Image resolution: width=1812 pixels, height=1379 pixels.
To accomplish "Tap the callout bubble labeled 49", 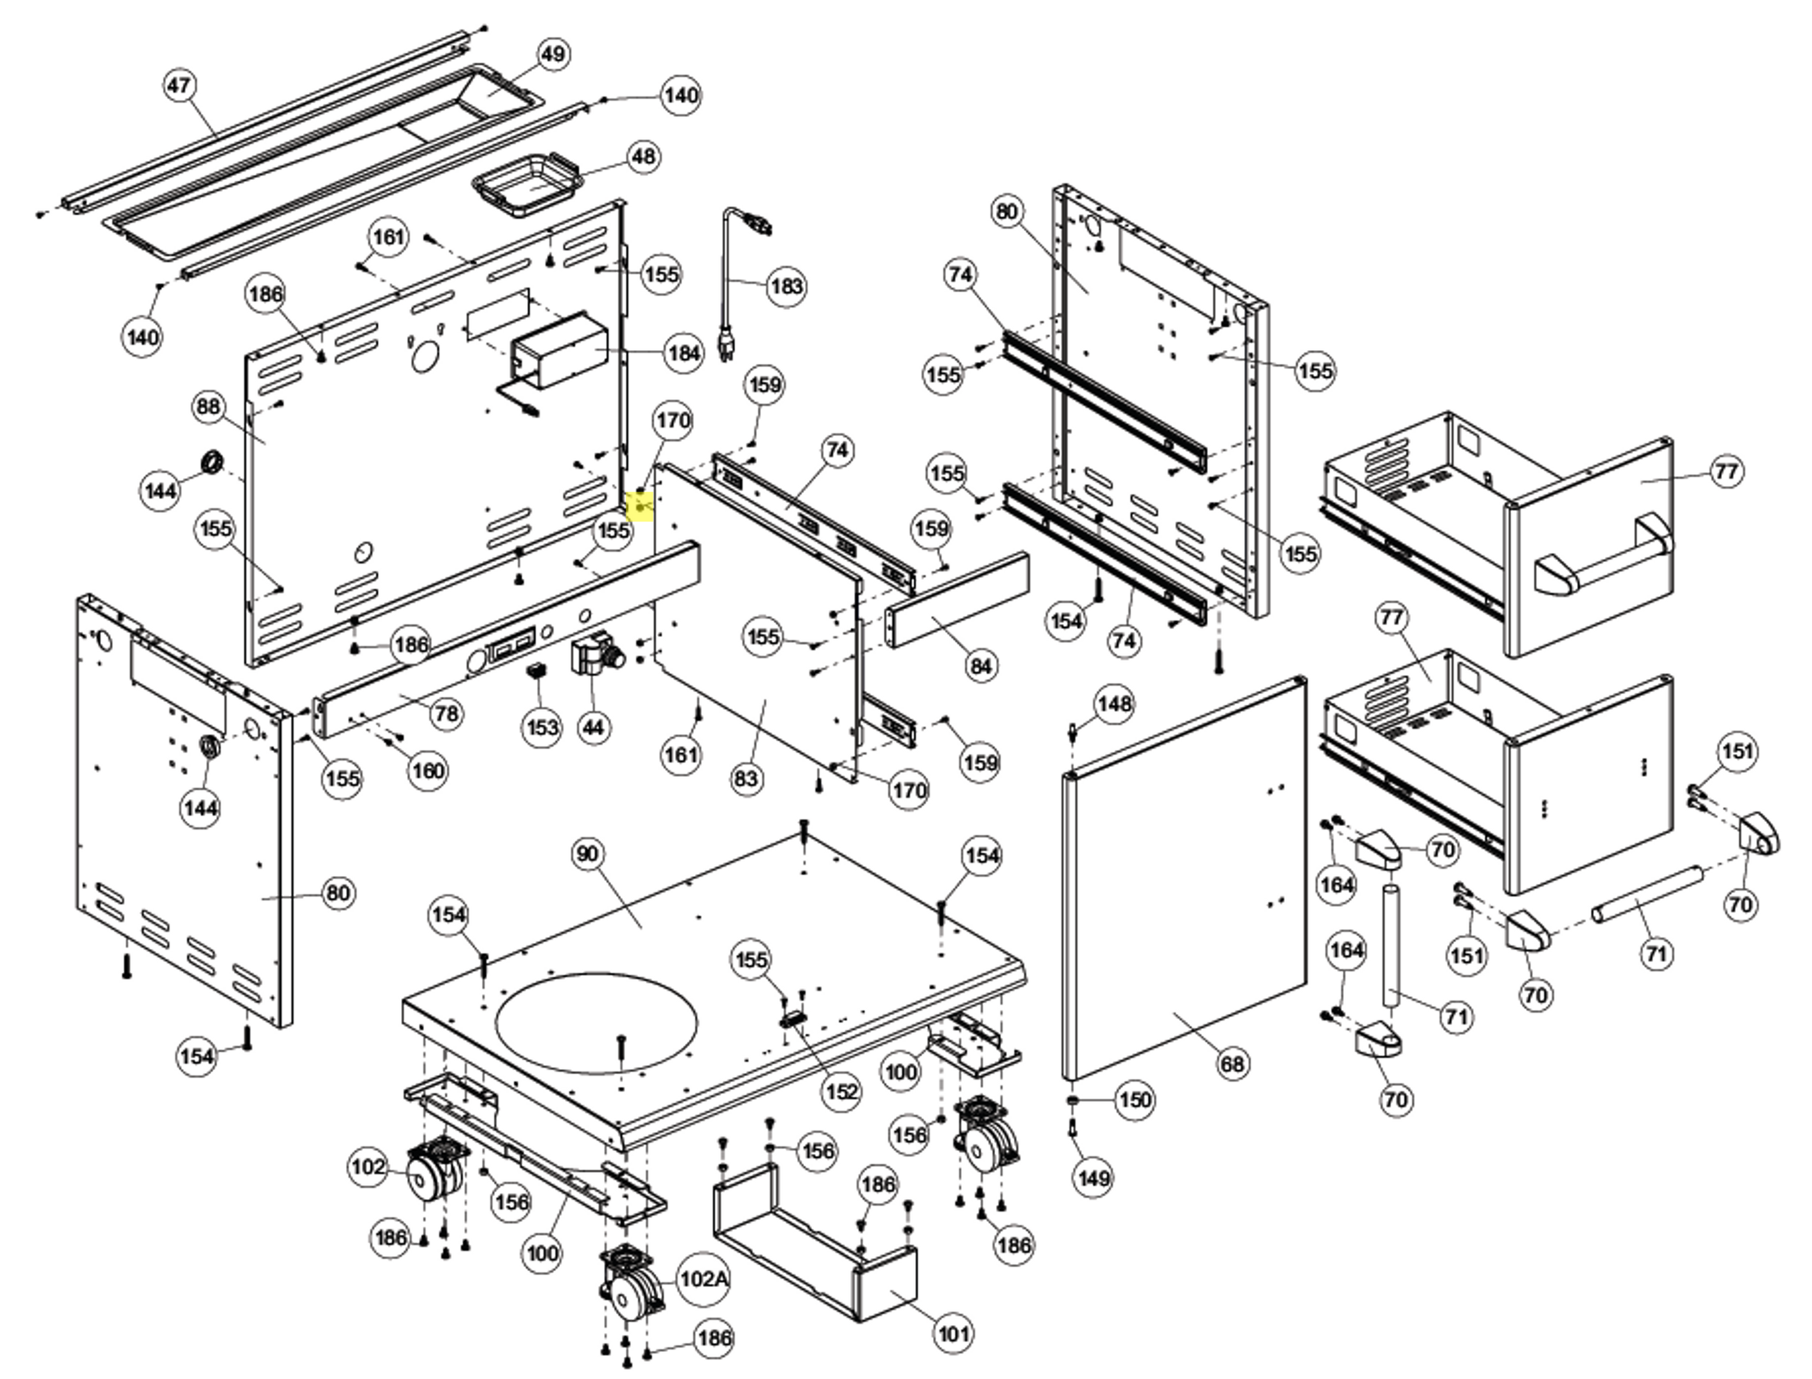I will (553, 54).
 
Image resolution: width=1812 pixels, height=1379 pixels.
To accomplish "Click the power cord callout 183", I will (786, 286).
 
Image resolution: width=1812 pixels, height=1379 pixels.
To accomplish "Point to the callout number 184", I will (684, 353).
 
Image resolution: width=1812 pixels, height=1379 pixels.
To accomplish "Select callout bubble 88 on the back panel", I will (210, 407).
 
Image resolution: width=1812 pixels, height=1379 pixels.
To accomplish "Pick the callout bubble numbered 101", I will (953, 1334).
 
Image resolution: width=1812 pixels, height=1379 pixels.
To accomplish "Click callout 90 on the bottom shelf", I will (587, 854).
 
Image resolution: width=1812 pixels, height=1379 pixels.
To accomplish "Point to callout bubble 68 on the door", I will (1232, 1064).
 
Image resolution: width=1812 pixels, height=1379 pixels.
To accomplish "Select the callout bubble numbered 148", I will (1114, 703).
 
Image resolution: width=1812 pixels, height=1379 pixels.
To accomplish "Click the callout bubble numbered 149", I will (1094, 1178).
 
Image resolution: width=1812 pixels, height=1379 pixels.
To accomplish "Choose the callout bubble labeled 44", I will (593, 728).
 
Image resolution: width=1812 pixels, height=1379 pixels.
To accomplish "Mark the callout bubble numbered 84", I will (981, 666).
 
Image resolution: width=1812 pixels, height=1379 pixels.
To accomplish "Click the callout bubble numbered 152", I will (841, 1091).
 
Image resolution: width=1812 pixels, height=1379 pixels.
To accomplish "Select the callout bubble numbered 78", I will (446, 712).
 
